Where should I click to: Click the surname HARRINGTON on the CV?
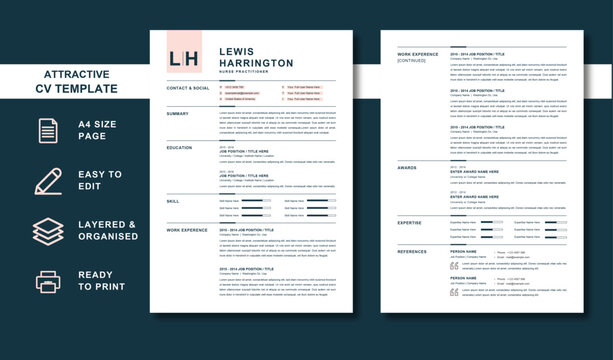(256, 63)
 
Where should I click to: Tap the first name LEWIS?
(236, 51)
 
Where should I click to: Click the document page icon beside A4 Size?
(48, 131)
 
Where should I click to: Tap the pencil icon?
(48, 181)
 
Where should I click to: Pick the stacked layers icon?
(48, 231)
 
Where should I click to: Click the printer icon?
(48, 281)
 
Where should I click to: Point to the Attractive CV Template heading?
(80, 81)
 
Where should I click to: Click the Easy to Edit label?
(100, 181)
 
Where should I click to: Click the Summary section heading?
(177, 113)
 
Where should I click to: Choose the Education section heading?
(180, 147)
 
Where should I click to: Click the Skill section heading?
(173, 201)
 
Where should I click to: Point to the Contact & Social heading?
(188, 88)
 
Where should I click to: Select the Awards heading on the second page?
(407, 167)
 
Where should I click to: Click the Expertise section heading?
(410, 222)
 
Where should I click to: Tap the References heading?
(412, 251)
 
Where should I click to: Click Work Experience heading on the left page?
(187, 229)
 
